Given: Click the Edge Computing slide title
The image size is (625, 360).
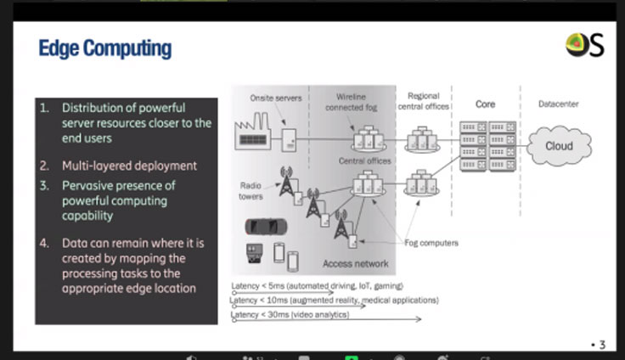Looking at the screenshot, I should [x=104, y=48].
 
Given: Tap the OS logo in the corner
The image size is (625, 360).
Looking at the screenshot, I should [x=585, y=45].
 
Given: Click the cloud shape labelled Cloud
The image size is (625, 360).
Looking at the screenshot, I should [x=559, y=146].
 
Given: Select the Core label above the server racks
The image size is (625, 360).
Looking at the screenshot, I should [x=486, y=104].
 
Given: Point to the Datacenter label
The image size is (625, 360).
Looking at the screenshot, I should [x=559, y=104].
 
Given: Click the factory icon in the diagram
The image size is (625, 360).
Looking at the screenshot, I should [x=256, y=135].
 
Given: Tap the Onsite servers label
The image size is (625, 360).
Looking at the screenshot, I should [x=276, y=98].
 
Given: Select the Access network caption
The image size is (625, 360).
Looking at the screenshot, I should [x=356, y=263].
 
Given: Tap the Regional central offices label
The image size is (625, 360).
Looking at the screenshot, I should [x=424, y=102].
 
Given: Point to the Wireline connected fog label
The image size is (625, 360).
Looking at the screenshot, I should [x=351, y=102].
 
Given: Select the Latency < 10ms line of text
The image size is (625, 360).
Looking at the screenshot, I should [x=335, y=301].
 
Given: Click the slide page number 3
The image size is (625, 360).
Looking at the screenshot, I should [x=602, y=345].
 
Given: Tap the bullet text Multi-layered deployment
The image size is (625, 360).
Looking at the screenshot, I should [x=129, y=166].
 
